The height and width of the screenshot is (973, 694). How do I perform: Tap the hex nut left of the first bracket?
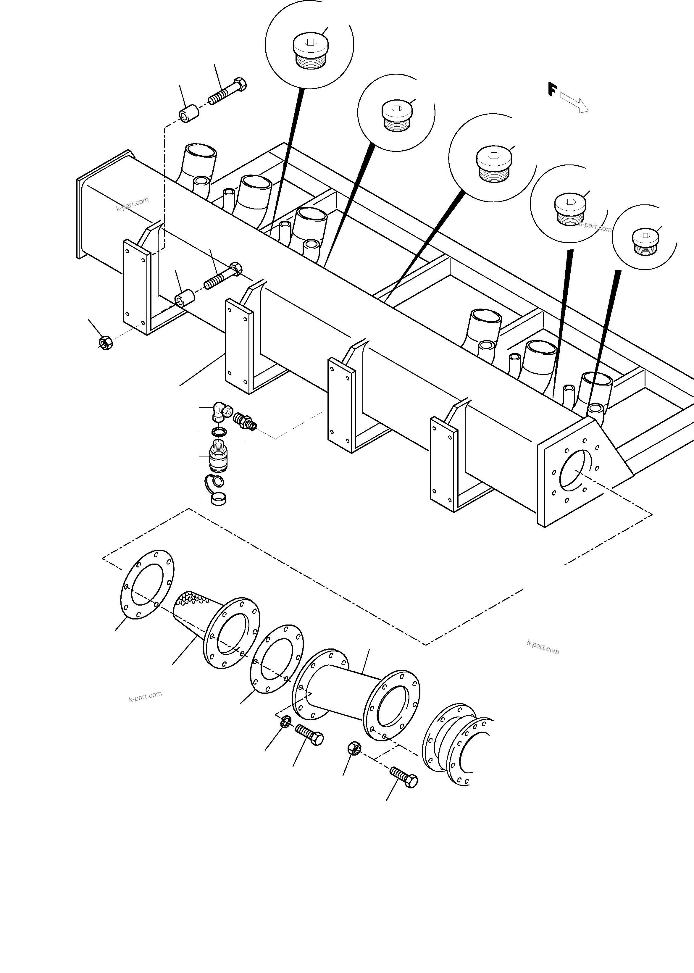[105, 342]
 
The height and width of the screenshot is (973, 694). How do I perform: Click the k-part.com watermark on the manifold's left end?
[133, 204]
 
